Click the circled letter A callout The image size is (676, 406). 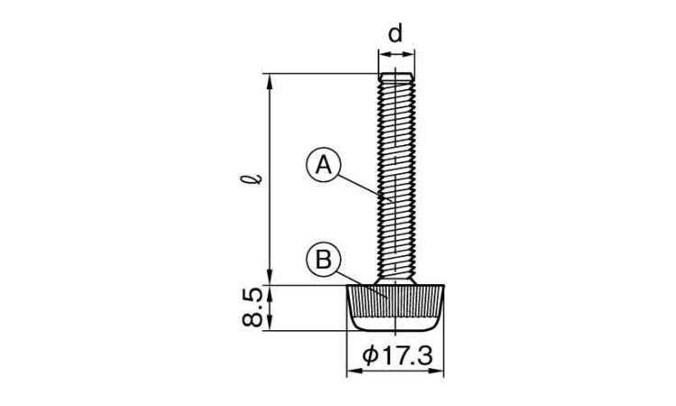click(x=324, y=165)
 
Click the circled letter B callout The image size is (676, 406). click(x=324, y=261)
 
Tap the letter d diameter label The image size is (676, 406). click(x=396, y=33)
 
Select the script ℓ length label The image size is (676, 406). click(x=251, y=179)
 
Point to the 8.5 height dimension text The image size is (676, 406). click(x=252, y=307)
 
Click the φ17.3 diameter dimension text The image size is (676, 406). click(x=397, y=356)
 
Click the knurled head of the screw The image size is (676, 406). click(x=396, y=308)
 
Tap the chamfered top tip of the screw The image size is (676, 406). click(x=397, y=77)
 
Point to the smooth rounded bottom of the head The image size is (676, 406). click(x=396, y=324)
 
